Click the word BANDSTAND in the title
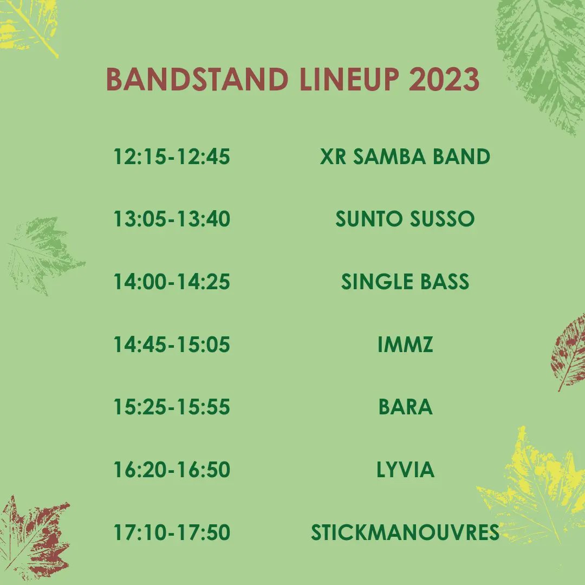[197, 80]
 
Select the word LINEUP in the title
[350, 80]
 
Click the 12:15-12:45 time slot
[172, 157]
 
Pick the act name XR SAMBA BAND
[405, 157]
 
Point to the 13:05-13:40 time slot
[172, 219]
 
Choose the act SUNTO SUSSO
[405, 219]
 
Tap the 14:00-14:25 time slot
[172, 282]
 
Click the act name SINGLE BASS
[405, 282]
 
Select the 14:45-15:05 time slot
[172, 344]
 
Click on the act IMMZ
[405, 344]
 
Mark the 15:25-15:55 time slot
[172, 407]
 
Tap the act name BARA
[405, 407]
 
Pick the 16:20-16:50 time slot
[172, 470]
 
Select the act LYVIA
[405, 470]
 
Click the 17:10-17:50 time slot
[172, 532]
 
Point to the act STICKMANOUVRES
[405, 532]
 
